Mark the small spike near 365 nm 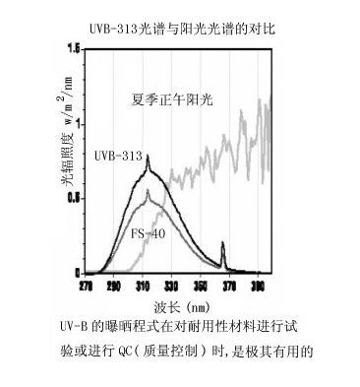click(222, 245)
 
